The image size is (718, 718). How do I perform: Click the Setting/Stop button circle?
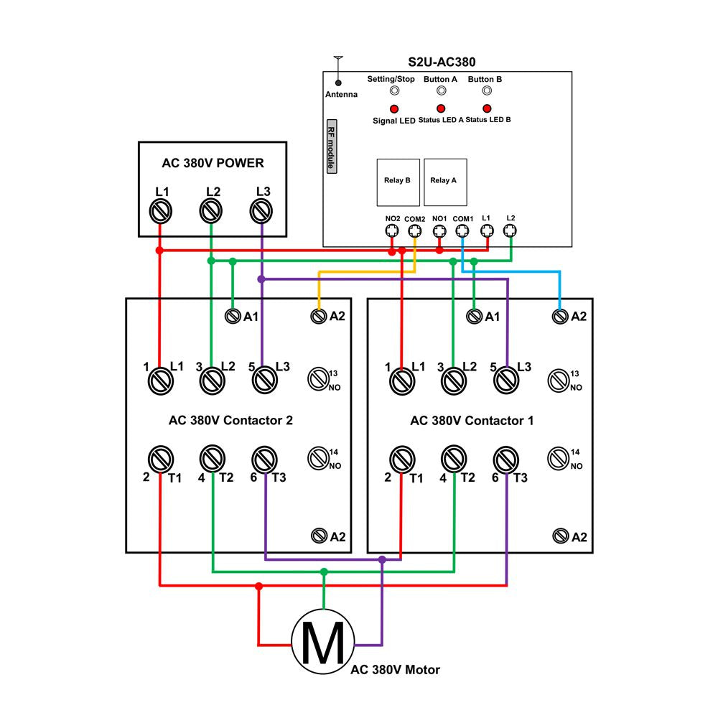pyautogui.click(x=393, y=91)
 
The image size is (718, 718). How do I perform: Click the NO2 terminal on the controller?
pyautogui.click(x=391, y=231)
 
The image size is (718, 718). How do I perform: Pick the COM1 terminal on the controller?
pyautogui.click(x=463, y=231)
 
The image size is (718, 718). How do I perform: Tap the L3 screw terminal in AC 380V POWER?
pyautogui.click(x=263, y=213)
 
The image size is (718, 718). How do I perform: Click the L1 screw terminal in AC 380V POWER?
pyautogui.click(x=161, y=213)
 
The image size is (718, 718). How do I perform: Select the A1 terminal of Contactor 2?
pyautogui.click(x=233, y=316)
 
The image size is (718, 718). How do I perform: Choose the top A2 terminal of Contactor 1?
pyautogui.click(x=560, y=316)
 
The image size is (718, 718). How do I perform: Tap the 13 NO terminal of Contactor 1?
pyautogui.click(x=559, y=378)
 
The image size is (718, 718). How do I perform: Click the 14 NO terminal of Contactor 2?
pyautogui.click(x=318, y=457)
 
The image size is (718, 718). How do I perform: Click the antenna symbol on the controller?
pyautogui.click(x=337, y=72)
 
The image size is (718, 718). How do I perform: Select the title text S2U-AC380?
pyautogui.click(x=447, y=63)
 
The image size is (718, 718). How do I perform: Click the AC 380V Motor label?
pyautogui.click(x=395, y=670)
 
